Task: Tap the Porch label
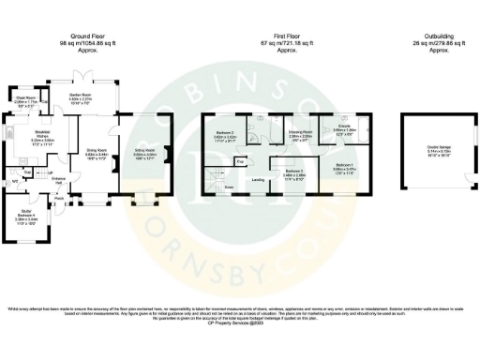pos(58,199)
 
